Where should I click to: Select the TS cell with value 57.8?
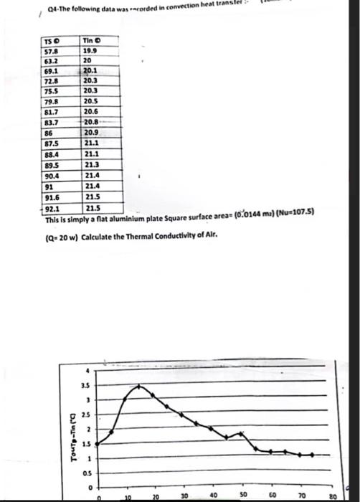(51, 51)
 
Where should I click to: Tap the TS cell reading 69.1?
(51, 71)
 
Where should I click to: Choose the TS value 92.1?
(51, 207)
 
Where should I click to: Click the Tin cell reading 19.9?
(91, 51)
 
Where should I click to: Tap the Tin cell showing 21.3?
(92, 164)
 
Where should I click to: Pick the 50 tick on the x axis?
(242, 495)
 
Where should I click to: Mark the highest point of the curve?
(139, 386)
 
